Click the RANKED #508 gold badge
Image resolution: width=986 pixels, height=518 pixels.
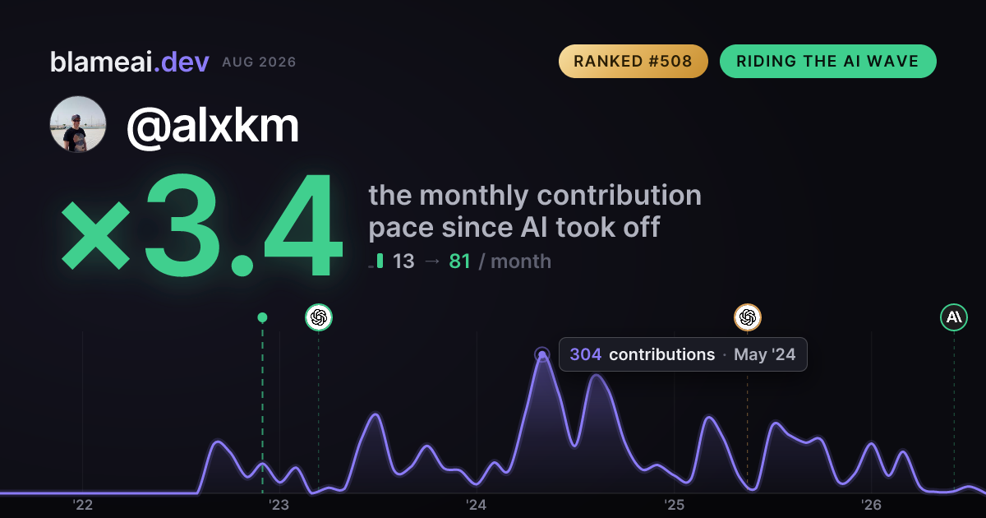(633, 61)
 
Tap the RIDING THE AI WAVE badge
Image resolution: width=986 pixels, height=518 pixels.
(827, 61)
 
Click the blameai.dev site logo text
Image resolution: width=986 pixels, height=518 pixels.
(130, 62)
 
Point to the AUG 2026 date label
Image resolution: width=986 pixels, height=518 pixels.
(259, 62)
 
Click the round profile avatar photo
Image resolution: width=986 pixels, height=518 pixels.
(78, 124)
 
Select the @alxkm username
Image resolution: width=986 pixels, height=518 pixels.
(213, 126)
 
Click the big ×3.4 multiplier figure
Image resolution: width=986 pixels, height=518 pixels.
(202, 224)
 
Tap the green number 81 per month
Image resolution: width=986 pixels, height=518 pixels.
(459, 261)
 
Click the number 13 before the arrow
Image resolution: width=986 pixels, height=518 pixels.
(403, 261)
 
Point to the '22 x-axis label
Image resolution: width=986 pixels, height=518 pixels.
(82, 505)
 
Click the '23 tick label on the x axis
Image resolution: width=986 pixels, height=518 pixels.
(279, 505)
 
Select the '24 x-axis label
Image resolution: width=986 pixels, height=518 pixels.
(477, 505)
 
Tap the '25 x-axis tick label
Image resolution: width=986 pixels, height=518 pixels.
(674, 505)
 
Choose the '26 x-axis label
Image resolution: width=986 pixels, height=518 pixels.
(871, 505)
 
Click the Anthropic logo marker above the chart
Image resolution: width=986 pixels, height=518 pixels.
(954, 317)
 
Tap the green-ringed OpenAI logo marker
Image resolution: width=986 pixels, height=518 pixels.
(319, 317)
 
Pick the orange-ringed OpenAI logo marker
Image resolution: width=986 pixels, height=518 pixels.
(748, 317)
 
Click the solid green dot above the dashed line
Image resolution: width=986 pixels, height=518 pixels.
(262, 317)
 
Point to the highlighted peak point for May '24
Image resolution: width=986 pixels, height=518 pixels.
(542, 354)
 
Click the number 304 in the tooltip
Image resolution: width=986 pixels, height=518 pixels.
(585, 354)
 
